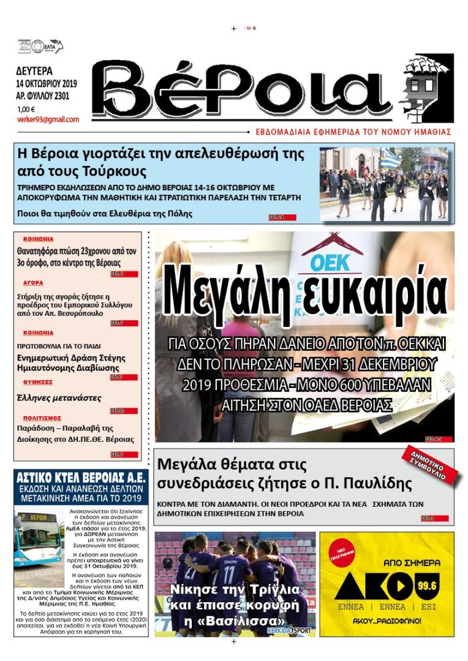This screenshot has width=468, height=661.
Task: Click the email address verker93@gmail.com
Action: [48, 120]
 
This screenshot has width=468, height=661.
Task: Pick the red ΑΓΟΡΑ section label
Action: [34, 283]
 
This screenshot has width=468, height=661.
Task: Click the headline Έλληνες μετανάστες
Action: [59, 398]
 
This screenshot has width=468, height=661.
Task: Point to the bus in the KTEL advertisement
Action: [37, 539]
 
